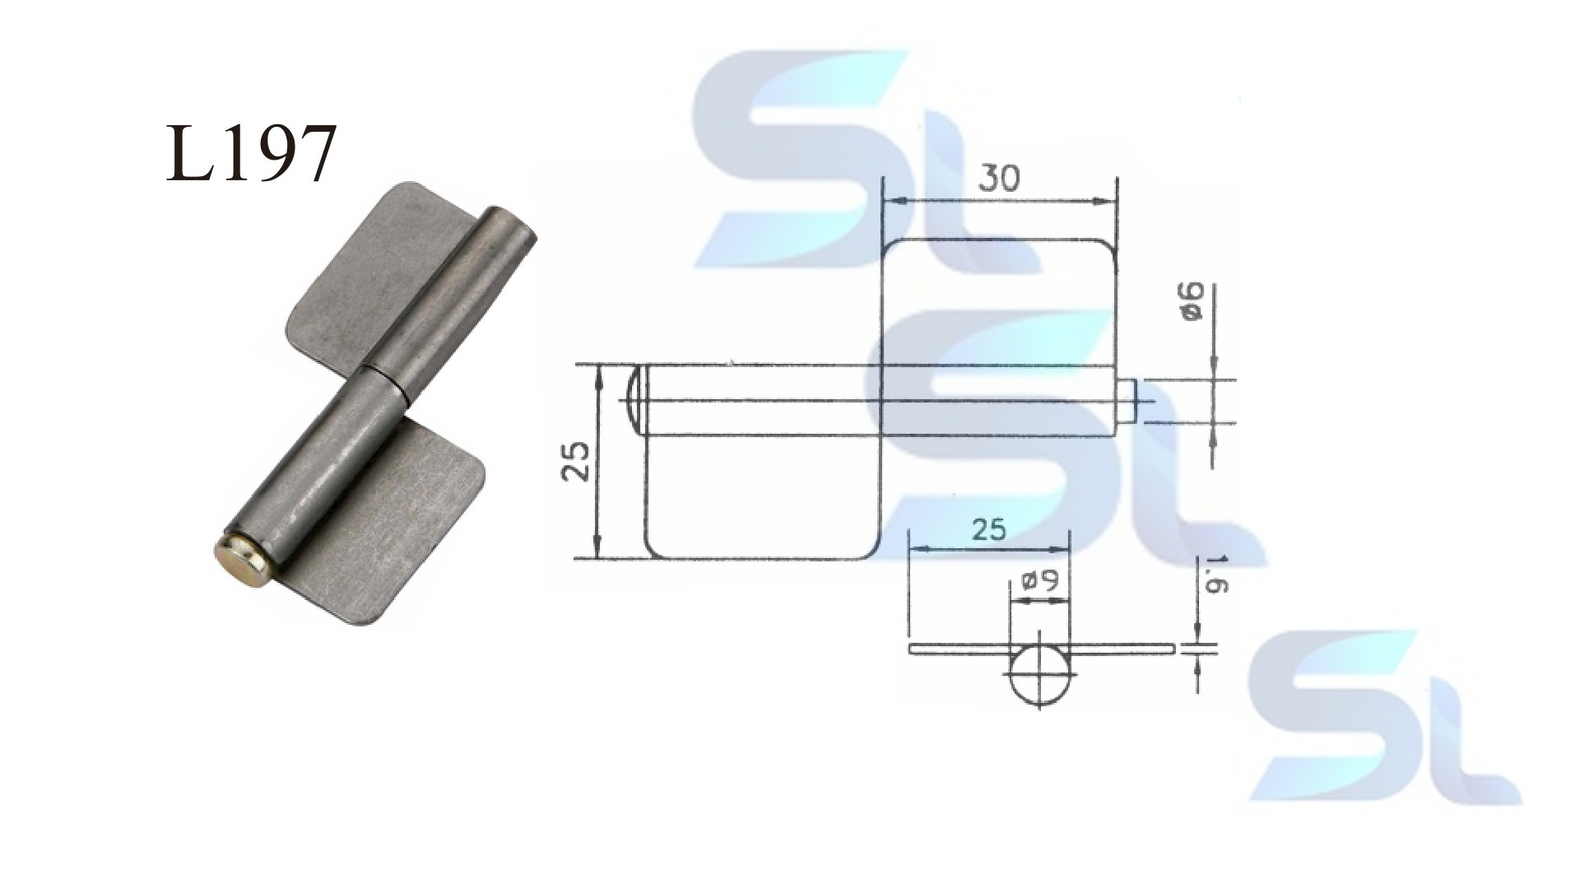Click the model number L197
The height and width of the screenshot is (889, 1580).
[x=251, y=153]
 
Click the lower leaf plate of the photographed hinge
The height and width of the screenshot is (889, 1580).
[x=395, y=527]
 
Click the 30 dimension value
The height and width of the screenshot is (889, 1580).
[x=999, y=177]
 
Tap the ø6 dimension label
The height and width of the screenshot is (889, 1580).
[x=1195, y=301]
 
